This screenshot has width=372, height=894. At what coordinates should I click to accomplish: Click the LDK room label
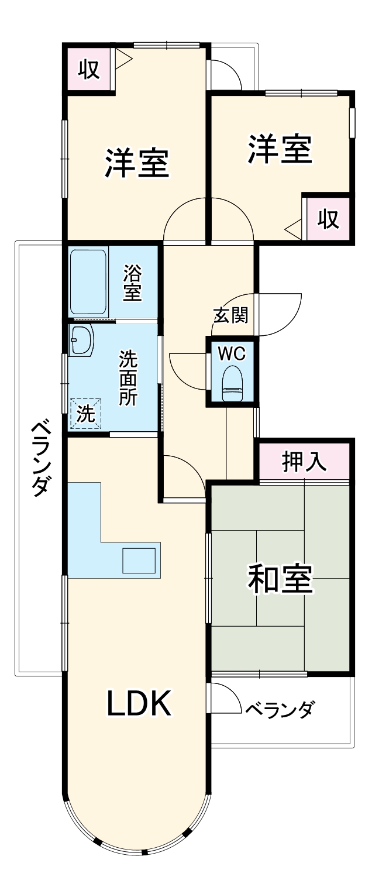[139, 704]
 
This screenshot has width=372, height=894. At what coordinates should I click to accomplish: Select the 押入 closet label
[304, 462]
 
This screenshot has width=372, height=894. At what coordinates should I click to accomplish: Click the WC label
[232, 353]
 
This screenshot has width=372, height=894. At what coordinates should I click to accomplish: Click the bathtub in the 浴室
[88, 283]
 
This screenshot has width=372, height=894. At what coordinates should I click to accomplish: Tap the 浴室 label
[133, 284]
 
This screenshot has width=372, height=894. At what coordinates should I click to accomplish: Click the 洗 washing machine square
[85, 414]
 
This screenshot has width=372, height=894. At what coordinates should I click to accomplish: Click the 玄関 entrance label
[230, 315]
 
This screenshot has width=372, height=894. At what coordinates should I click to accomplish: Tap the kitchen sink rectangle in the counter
[139, 561]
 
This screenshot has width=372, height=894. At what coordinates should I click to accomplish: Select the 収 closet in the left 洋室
[88, 70]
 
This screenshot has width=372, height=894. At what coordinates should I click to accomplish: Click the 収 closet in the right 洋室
[328, 219]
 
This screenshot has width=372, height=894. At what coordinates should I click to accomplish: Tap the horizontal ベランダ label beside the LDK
[280, 709]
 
